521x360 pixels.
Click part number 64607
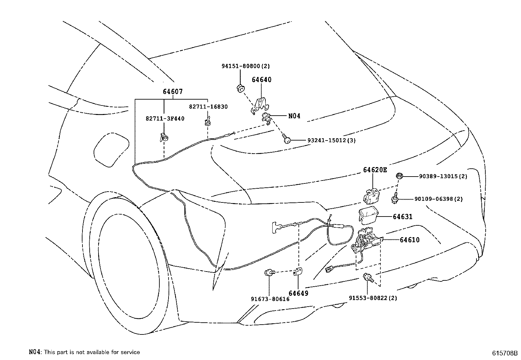tap(172, 92)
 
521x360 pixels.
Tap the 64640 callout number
tap(261, 80)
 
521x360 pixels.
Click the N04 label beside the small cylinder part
tap(294, 116)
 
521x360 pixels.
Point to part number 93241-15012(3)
tap(332, 140)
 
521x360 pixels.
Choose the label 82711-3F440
tap(165, 118)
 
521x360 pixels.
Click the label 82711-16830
tap(208, 107)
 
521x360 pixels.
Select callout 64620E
tap(375, 170)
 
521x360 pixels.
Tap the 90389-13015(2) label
tap(443, 176)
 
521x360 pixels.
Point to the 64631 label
tap(403, 217)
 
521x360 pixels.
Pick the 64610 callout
tap(409, 240)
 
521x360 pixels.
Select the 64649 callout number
tap(298, 293)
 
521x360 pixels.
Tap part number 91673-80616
tap(270, 299)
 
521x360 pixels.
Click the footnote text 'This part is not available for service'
tap(92, 352)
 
